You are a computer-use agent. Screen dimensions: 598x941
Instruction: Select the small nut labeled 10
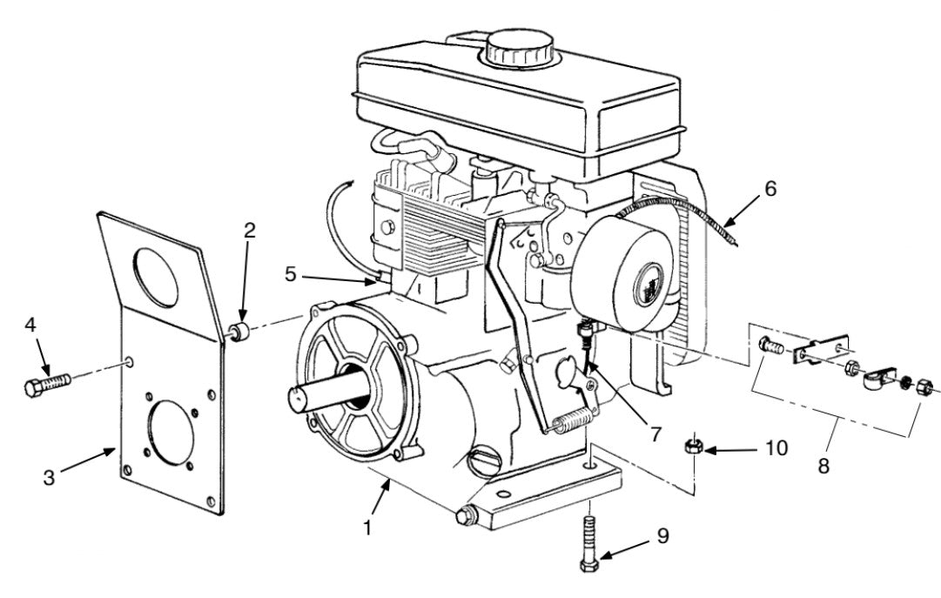coord(694,447)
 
